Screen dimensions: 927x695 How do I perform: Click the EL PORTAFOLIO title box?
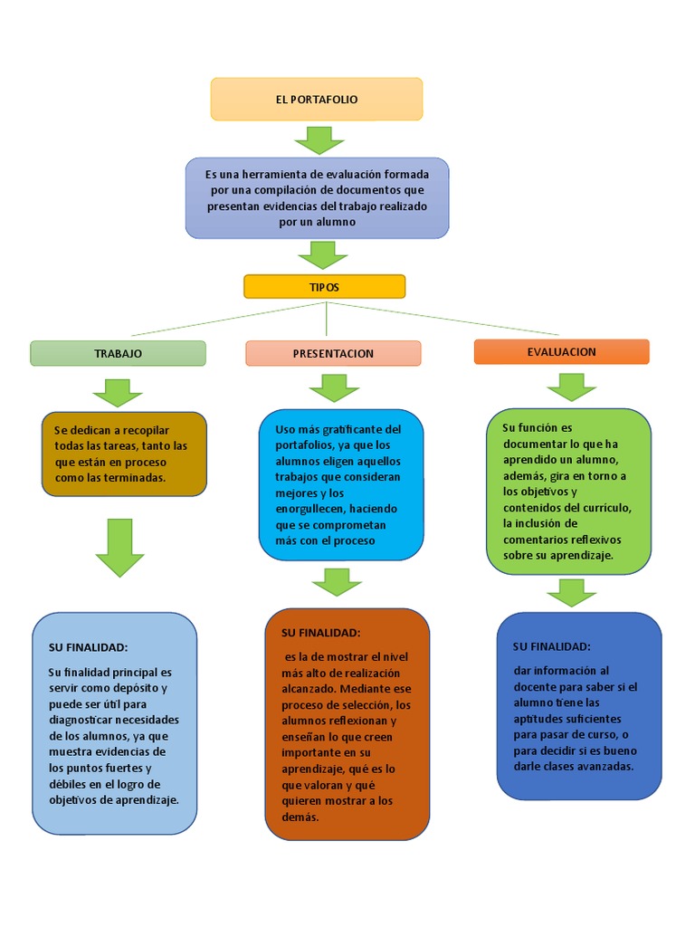tap(317, 99)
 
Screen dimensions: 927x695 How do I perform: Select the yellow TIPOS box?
tap(325, 286)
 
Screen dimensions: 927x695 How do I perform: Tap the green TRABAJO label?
tap(119, 353)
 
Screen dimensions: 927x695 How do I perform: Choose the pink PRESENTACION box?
tap(333, 353)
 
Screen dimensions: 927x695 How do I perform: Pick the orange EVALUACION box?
tap(561, 351)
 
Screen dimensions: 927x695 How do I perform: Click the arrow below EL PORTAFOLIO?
tap(319, 140)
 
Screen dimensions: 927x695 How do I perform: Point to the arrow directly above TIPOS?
tap(322, 254)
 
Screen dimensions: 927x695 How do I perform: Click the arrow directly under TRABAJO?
tap(118, 392)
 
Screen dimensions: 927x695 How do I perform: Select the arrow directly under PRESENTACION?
tap(334, 387)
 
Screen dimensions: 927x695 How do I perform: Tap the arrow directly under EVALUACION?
tap(571, 387)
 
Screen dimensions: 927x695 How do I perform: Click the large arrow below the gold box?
tap(119, 547)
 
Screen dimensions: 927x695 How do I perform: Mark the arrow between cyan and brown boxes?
tap(337, 581)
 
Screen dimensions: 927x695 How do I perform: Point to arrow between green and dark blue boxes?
tap(571, 593)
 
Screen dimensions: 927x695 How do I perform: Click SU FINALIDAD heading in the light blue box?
tap(88, 647)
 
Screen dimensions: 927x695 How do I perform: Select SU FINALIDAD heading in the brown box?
tap(320, 632)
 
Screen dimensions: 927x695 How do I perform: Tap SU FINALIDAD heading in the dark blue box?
tap(551, 646)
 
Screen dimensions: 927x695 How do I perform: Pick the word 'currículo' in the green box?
tap(598, 508)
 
